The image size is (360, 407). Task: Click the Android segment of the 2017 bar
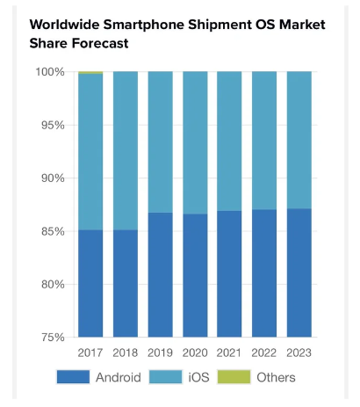[x=90, y=283]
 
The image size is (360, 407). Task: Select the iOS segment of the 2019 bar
[x=161, y=142]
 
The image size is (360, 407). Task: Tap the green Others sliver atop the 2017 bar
[x=90, y=72]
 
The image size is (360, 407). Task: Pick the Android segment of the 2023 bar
[x=299, y=273]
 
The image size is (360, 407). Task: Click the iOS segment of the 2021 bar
[x=229, y=142]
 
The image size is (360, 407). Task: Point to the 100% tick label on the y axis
[x=50, y=72]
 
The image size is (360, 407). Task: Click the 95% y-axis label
[x=53, y=125]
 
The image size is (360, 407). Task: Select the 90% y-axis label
[x=53, y=178]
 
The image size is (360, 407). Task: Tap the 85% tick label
[x=53, y=231]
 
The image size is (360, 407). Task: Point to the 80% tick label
[x=53, y=284]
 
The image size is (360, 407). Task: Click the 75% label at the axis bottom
[x=53, y=338]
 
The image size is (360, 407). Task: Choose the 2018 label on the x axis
[x=126, y=352]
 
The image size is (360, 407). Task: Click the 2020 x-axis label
[x=195, y=352]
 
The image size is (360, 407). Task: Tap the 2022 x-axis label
[x=264, y=352]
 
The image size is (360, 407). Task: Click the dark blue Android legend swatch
[x=73, y=377]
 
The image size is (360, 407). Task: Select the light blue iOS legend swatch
[x=165, y=377]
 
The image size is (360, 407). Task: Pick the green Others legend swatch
[x=234, y=377]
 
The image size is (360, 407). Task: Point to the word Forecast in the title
[x=100, y=43]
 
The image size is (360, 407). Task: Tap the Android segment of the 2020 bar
[x=195, y=275]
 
